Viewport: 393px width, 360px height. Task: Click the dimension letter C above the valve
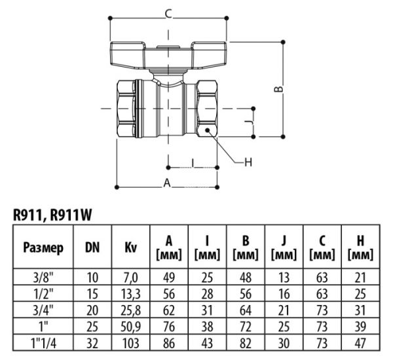coord(168,12)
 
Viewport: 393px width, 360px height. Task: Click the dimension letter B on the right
coord(277,89)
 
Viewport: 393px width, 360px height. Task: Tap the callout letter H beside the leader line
coord(248,162)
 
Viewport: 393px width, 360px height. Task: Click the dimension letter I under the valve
coord(193,162)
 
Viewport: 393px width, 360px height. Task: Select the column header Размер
coord(43,248)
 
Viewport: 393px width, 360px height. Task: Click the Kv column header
coord(130,248)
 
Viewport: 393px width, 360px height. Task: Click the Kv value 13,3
coord(130,294)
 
